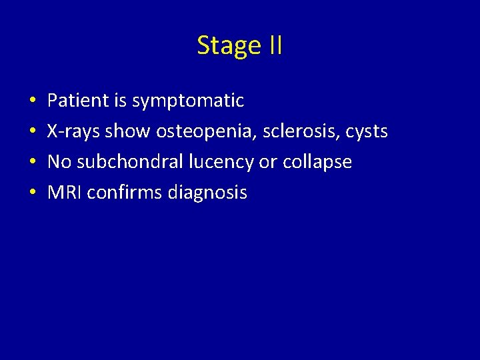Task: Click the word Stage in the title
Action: (x=227, y=45)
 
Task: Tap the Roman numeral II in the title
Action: (x=274, y=45)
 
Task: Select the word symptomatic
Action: (x=188, y=101)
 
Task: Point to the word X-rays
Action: (x=73, y=131)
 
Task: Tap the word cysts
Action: (x=366, y=131)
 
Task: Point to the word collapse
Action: (x=318, y=162)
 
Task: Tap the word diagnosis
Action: (x=207, y=193)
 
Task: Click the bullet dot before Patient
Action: (x=32, y=101)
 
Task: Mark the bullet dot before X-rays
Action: (x=32, y=132)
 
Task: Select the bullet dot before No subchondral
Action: (x=32, y=163)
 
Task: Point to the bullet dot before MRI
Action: (x=32, y=193)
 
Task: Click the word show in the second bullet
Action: (x=128, y=131)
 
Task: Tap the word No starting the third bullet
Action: (x=59, y=162)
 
